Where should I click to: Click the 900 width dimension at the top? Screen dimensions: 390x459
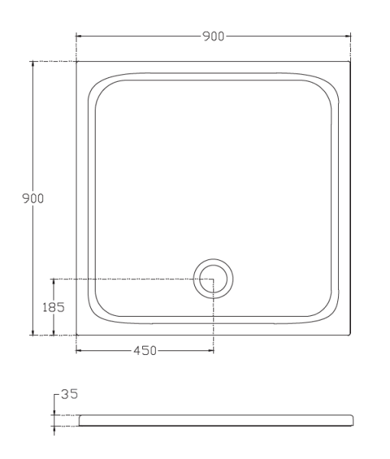[213, 36]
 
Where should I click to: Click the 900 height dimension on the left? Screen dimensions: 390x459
[33, 198]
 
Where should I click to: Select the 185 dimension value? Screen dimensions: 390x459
[54, 308]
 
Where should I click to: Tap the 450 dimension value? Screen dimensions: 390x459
[145, 350]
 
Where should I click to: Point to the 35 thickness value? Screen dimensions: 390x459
[70, 394]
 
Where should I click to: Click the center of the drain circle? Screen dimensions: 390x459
[213, 279]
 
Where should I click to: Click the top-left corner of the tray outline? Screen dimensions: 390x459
[76, 61]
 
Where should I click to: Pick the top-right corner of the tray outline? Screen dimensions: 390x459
[350, 61]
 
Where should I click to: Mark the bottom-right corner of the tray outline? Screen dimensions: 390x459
[350, 335]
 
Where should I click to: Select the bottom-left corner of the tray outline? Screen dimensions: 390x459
[76, 335]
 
